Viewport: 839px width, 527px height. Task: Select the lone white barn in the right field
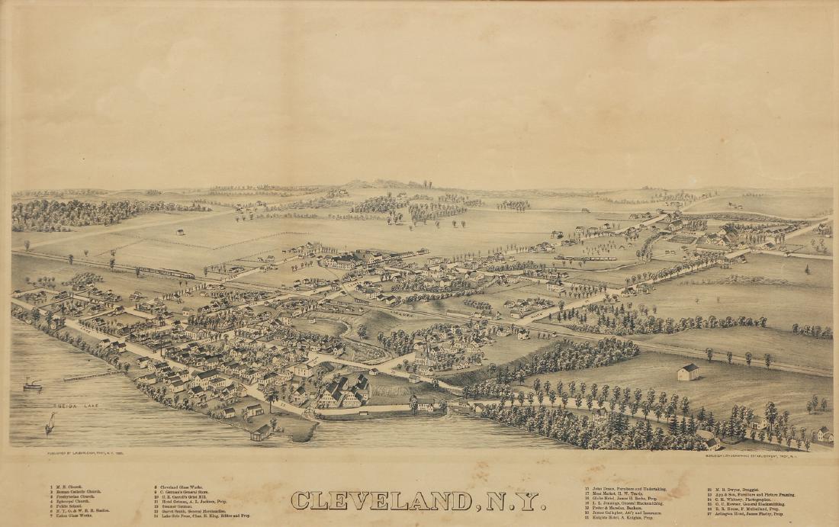688,371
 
